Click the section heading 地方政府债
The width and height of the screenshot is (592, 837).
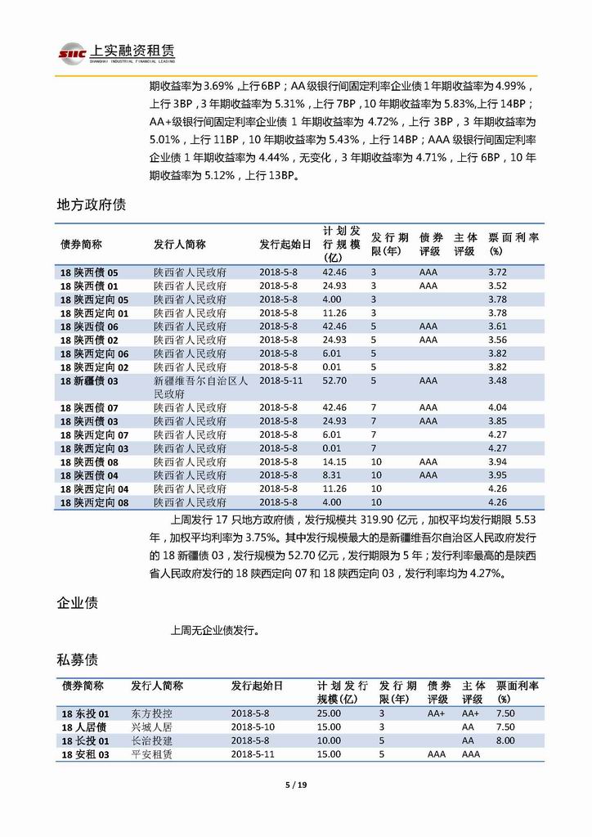coord(91,204)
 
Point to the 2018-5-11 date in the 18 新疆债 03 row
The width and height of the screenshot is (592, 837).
coord(280,380)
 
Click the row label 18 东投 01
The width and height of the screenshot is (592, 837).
coord(85,713)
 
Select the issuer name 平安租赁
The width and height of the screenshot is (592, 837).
coord(151,754)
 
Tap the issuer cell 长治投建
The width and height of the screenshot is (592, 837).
coord(151,740)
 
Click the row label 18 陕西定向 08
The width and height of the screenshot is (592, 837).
coord(95,502)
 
